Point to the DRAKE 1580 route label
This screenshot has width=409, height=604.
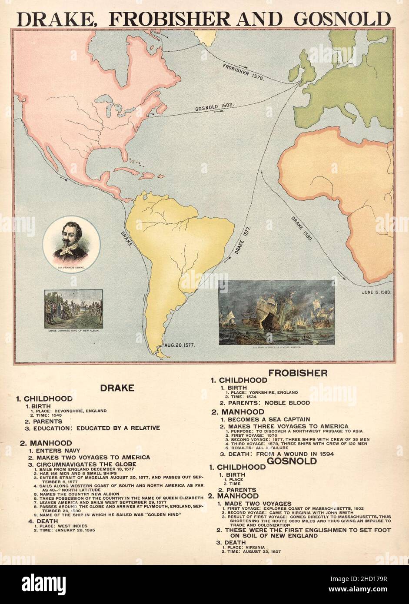301,228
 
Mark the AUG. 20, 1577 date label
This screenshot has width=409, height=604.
179,345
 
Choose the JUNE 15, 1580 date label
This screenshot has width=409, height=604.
376,292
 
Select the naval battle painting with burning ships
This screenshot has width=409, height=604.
276,312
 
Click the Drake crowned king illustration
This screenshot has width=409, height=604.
73,309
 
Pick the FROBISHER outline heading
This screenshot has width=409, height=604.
298,373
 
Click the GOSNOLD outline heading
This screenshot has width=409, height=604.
291,461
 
